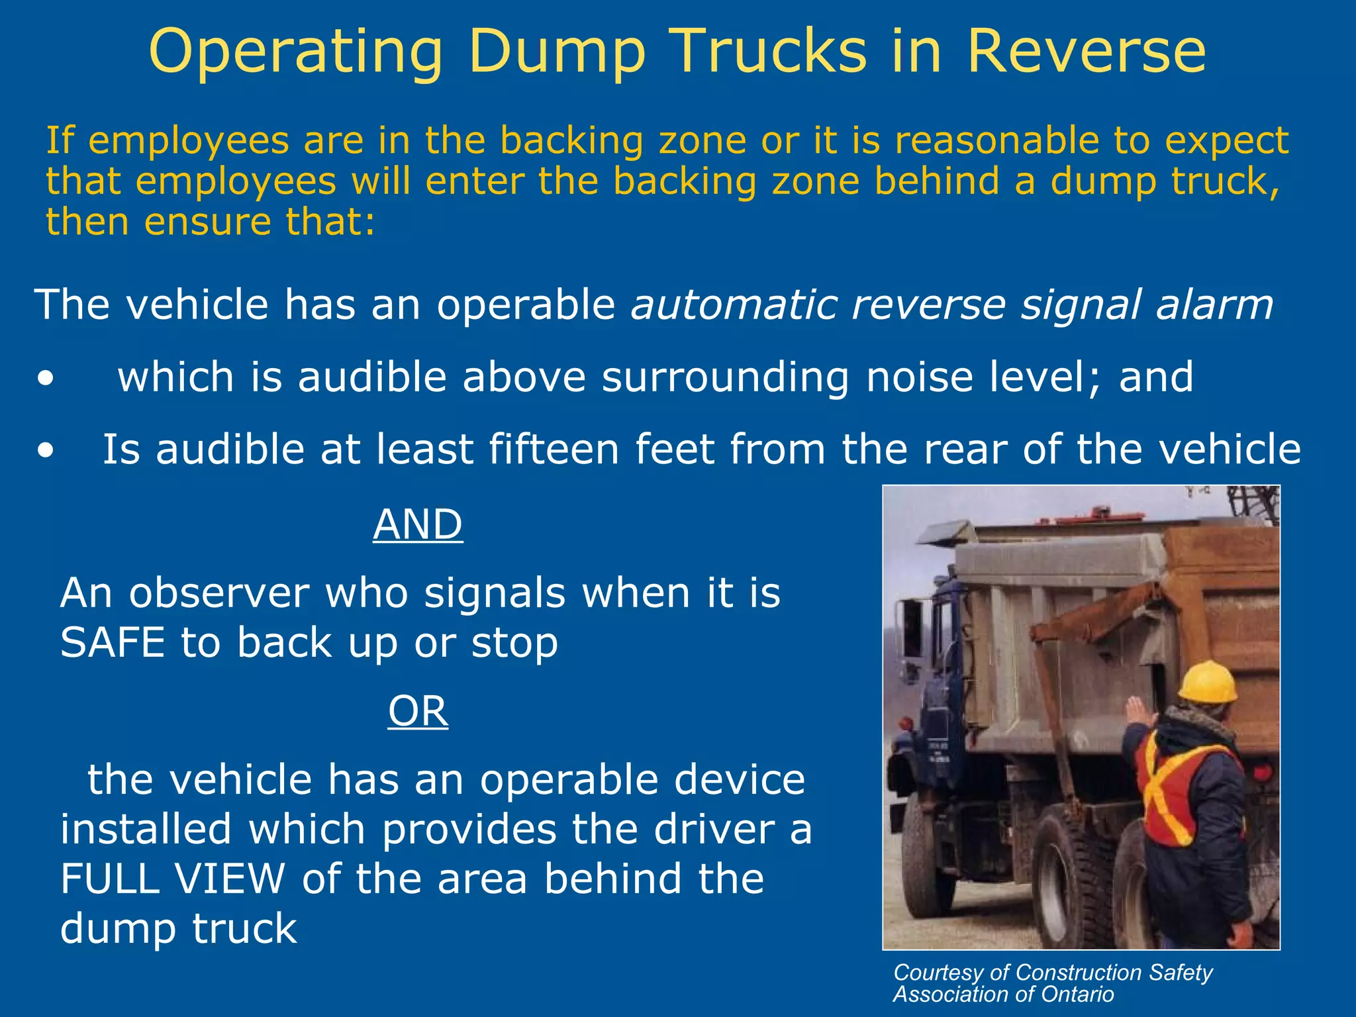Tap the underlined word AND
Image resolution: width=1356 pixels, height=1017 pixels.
click(418, 524)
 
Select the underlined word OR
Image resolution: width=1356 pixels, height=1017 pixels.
click(418, 711)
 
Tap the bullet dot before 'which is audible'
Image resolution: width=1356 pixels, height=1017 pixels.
click(46, 379)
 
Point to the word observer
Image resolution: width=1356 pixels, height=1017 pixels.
click(218, 593)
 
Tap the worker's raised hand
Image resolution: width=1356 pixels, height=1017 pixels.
click(1139, 712)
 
